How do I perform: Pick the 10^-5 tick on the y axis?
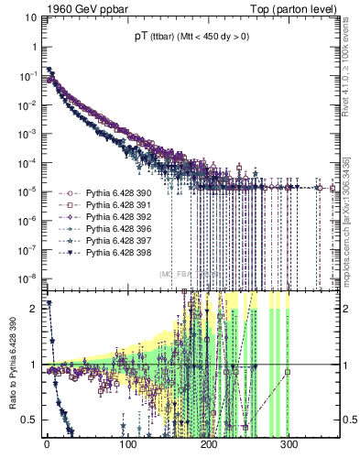pyautogui.click(x=31, y=191)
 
